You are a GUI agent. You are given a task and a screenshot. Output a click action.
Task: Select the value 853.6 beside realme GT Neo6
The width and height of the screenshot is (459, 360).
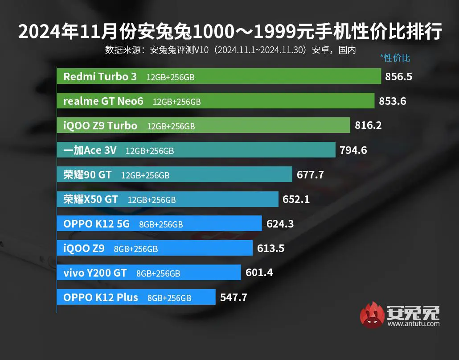393,101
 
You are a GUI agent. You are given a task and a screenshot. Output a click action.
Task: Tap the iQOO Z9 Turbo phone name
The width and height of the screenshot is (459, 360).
100,126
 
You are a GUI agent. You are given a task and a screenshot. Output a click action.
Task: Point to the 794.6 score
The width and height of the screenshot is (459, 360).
353,150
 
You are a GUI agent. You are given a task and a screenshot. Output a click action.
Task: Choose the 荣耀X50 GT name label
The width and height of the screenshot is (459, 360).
90,199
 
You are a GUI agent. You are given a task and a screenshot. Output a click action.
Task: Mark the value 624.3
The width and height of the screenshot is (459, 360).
280,224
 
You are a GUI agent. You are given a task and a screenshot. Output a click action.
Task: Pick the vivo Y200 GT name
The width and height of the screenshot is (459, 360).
95,273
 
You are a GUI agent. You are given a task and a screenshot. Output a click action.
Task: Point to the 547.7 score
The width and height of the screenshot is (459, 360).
234,297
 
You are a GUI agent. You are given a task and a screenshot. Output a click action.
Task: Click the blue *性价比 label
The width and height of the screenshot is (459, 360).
395,58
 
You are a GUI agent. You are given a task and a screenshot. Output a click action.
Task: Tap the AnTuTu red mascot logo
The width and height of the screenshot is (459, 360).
372,315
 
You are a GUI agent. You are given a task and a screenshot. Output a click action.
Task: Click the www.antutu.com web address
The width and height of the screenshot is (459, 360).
414,324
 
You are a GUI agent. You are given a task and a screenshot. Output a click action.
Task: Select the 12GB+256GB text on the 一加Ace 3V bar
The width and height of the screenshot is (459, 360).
150,151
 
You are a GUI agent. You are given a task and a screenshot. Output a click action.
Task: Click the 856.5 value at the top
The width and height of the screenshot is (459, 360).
399,77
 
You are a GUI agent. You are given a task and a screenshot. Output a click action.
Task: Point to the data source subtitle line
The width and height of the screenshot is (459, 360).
230,50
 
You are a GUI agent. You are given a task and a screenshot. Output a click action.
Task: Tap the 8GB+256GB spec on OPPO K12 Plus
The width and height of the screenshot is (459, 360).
169,298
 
